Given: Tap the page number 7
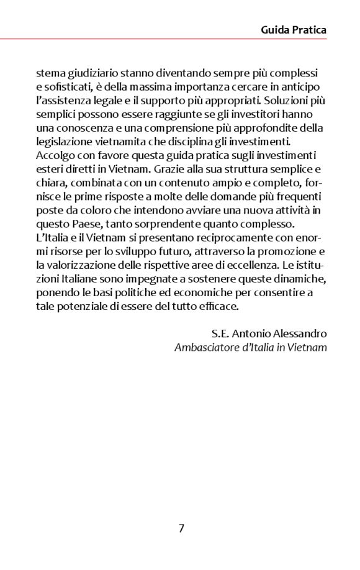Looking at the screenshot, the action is pos(181,528).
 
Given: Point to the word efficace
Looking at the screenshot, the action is pos(220,305).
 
